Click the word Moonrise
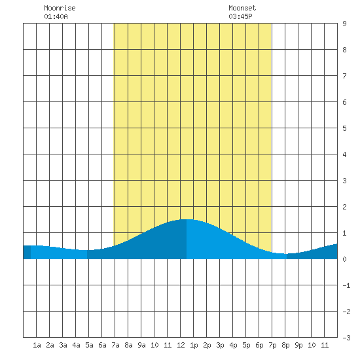point(60,8)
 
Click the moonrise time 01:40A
point(56,16)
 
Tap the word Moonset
point(242,8)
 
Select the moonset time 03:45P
point(240,16)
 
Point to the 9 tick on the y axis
point(344,24)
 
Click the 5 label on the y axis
point(344,128)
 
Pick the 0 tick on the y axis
point(344,259)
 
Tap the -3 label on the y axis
point(346,338)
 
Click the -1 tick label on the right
point(346,285)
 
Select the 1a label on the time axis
point(37,345)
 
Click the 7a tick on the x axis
point(115,345)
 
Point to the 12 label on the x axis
point(181,345)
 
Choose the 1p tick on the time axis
point(194,345)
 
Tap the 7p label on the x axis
point(272,345)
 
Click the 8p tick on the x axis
point(285,345)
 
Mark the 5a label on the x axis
point(89,345)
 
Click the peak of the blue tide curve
point(187,219)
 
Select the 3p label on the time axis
point(220,345)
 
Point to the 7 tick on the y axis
point(344,76)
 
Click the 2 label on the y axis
point(344,207)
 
